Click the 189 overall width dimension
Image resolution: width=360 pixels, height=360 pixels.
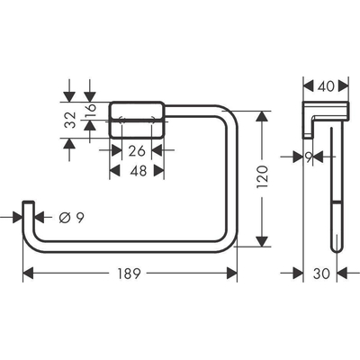click(130, 274)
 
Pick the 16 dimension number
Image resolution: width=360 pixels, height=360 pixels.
click(90, 110)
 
